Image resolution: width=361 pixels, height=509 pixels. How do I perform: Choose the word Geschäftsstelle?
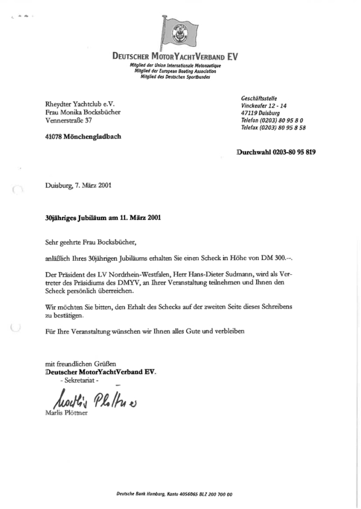tap(258, 97)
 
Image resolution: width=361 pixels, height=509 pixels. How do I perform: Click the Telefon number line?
tap(272, 120)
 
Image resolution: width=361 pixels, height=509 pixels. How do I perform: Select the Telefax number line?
tap(273, 128)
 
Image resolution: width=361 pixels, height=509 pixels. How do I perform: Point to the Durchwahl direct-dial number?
tap(276, 152)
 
